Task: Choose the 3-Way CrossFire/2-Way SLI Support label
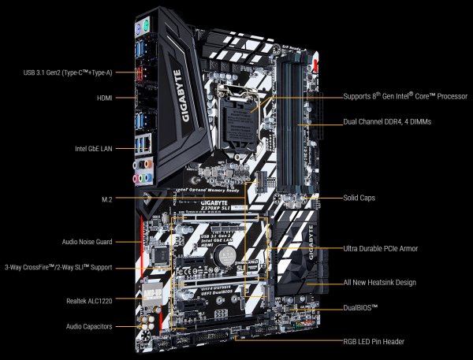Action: click(56, 267)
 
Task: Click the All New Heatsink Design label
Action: click(380, 282)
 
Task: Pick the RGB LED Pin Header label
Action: click(374, 343)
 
